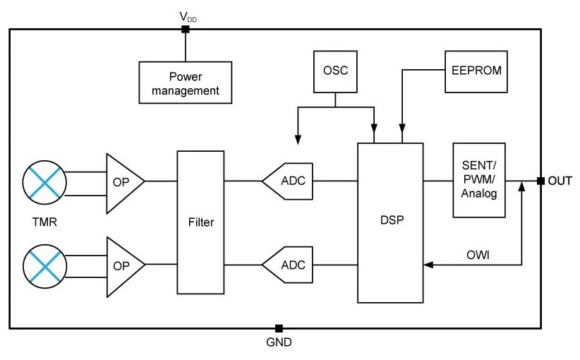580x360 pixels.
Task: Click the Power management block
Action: click(x=186, y=83)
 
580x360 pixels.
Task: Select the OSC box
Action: click(x=335, y=72)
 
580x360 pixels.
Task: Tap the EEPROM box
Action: click(x=476, y=72)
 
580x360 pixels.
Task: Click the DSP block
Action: click(x=390, y=223)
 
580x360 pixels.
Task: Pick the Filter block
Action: click(x=200, y=222)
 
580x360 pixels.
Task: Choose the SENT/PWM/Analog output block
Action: click(x=479, y=180)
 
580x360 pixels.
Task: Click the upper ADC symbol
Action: click(x=287, y=181)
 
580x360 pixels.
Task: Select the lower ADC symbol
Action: click(x=287, y=265)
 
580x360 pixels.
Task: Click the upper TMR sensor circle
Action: click(x=44, y=182)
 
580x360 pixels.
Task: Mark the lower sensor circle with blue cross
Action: click(x=44, y=266)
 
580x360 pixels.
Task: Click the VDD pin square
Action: click(x=186, y=29)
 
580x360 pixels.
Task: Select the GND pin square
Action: click(x=279, y=328)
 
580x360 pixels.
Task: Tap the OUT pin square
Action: click(x=540, y=181)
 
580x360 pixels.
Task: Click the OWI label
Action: click(x=478, y=255)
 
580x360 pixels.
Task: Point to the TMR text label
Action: click(x=44, y=222)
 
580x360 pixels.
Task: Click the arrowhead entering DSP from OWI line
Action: click(x=428, y=265)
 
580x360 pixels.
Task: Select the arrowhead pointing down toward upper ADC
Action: click(x=298, y=140)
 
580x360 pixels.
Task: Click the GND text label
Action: click(x=279, y=342)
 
